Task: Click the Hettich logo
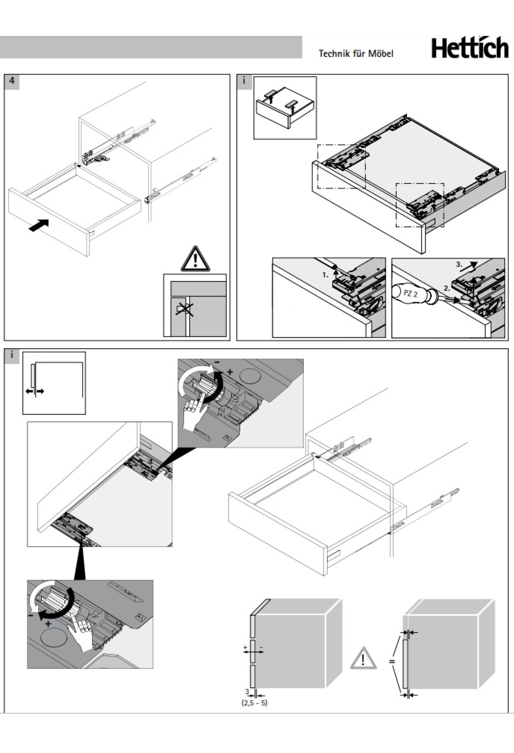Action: pos(469,48)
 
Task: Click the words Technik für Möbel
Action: pos(356,53)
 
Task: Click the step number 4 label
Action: pos(12,80)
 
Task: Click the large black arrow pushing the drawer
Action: pos(39,225)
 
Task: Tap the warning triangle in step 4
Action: pos(195,259)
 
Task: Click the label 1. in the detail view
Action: pos(326,275)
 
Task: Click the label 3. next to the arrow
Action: pos(459,264)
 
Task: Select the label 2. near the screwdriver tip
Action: pos(447,288)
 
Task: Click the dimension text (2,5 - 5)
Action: pos(254,703)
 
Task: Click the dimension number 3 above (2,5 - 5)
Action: pos(247,691)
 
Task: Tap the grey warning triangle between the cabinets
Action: pos(363,658)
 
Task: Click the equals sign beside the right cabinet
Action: pos(391,661)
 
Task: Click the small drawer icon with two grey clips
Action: pos(285,107)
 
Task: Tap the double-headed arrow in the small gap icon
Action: pos(35,391)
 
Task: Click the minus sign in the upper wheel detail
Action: pos(217,362)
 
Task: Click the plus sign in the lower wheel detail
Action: pos(48,624)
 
